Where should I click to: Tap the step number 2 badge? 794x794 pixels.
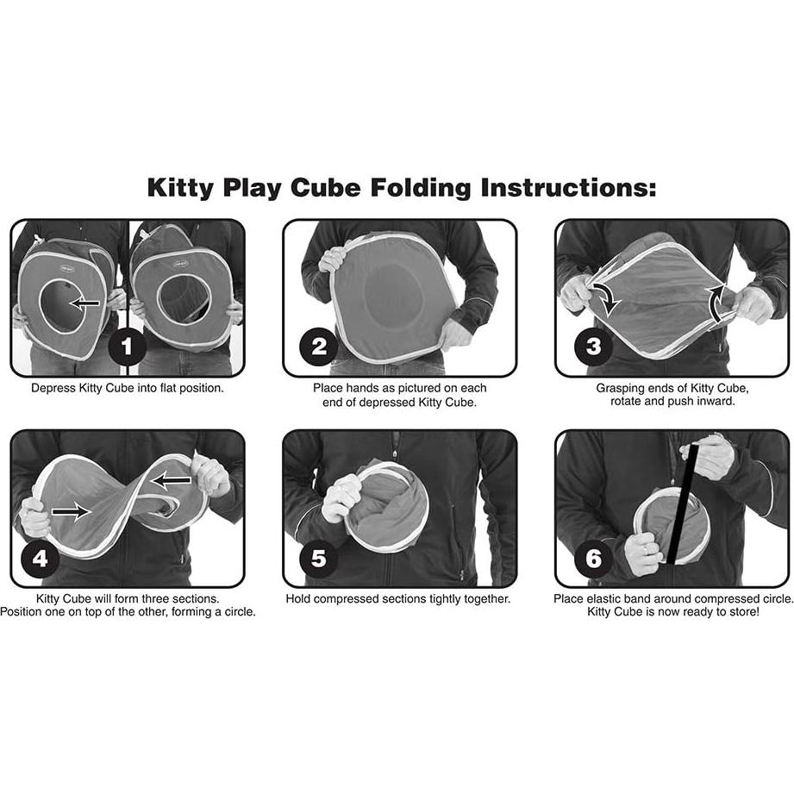pyautogui.click(x=319, y=348)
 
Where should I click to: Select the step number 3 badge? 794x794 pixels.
pyautogui.click(x=593, y=348)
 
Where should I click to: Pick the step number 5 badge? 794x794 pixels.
pyautogui.click(x=318, y=559)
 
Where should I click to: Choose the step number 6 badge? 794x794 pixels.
pyautogui.click(x=593, y=559)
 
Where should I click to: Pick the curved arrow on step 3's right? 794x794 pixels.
pyautogui.click(x=716, y=302)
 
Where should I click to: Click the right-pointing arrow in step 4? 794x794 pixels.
pyautogui.click(x=71, y=511)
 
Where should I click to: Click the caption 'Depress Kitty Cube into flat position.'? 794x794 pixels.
pyautogui.click(x=128, y=388)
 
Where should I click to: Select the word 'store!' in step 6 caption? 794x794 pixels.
pyautogui.click(x=740, y=612)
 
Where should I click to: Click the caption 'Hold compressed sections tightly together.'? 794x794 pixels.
pyautogui.click(x=398, y=598)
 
